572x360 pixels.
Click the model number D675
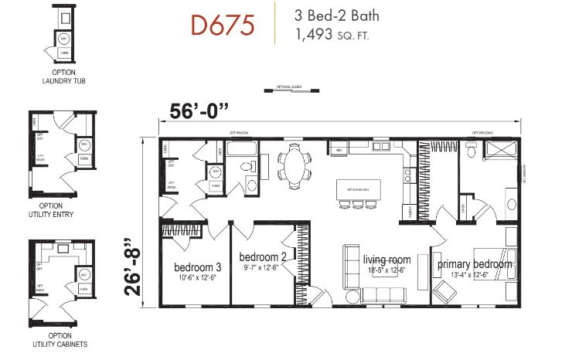click(223, 25)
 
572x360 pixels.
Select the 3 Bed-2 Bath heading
click(336, 15)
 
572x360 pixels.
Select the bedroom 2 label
click(261, 256)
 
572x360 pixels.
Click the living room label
click(386, 260)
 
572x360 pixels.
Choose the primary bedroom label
click(475, 264)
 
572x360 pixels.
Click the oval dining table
click(294, 165)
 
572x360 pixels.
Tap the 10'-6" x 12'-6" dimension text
click(196, 278)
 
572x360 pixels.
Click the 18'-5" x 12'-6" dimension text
click(386, 270)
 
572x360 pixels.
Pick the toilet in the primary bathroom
click(471, 153)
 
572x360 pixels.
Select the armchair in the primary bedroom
click(445, 292)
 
